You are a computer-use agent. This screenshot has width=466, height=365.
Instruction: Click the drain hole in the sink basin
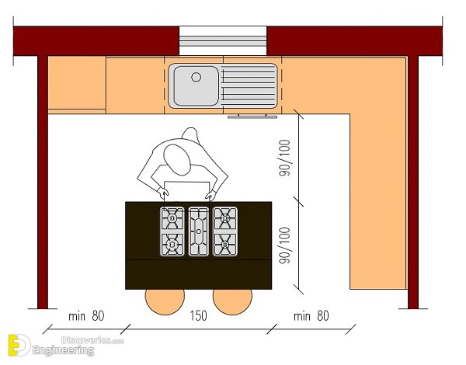(x=196, y=77)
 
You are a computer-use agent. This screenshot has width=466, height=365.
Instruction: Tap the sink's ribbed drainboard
(x=249, y=85)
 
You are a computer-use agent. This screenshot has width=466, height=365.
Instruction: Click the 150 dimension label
(x=199, y=315)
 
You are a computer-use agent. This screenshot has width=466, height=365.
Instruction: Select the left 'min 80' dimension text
(x=86, y=315)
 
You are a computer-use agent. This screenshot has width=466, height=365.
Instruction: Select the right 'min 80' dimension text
(x=311, y=315)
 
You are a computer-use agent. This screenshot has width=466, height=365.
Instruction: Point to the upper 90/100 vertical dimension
(x=284, y=158)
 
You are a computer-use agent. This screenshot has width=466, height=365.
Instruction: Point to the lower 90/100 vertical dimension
(x=284, y=245)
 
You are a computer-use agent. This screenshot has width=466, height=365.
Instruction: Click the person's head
(x=177, y=160)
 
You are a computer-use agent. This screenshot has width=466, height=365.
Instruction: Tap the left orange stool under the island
(x=165, y=301)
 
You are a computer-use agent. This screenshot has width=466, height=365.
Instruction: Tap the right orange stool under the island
(x=232, y=301)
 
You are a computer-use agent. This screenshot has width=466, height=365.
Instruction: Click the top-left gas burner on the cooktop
(x=172, y=218)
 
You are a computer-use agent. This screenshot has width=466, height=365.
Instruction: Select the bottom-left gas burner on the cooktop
(x=172, y=245)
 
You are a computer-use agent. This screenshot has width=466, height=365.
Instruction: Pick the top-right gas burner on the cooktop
(x=225, y=218)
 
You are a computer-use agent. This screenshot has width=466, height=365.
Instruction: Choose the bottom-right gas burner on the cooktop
(x=225, y=245)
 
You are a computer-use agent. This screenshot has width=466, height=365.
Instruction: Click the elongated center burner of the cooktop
(x=199, y=231)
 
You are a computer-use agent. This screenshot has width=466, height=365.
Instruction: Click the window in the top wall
(x=223, y=40)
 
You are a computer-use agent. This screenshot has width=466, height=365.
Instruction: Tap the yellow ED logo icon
(x=19, y=345)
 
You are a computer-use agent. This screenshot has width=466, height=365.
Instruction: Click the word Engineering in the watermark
(x=64, y=350)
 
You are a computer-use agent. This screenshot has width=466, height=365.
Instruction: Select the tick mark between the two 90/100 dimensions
(x=299, y=202)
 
